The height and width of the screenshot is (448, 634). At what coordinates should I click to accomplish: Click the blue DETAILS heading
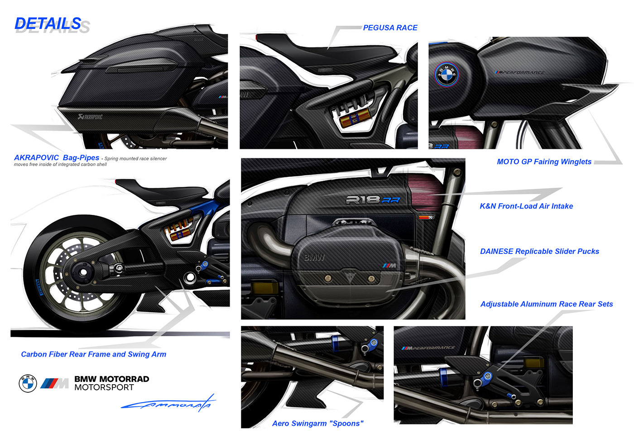[48, 24]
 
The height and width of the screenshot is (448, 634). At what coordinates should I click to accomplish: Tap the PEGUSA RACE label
[390, 28]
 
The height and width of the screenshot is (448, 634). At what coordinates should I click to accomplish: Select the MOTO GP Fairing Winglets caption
[544, 162]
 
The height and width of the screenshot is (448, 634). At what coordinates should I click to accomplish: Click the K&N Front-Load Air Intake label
[526, 206]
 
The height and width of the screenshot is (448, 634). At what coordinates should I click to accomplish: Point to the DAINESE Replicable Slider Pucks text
[539, 251]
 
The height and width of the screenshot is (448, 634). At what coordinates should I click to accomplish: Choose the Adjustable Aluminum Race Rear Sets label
[547, 304]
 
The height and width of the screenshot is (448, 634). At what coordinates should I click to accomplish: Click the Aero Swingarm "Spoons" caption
[317, 423]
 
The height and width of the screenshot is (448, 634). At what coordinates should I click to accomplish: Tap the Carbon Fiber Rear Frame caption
[93, 354]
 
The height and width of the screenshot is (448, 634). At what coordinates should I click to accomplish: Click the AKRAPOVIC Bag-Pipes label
[57, 157]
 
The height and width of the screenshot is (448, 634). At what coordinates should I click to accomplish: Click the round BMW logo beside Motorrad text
[28, 383]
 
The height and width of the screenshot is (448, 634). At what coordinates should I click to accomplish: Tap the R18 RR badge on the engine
[373, 200]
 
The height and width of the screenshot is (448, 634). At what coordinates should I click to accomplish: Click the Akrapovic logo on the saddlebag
[90, 117]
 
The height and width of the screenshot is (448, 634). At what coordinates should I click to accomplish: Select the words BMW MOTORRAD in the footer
[111, 379]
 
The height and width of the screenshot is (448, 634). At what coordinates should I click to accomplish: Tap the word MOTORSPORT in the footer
[104, 387]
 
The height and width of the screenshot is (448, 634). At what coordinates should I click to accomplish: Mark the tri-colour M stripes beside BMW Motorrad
[54, 384]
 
